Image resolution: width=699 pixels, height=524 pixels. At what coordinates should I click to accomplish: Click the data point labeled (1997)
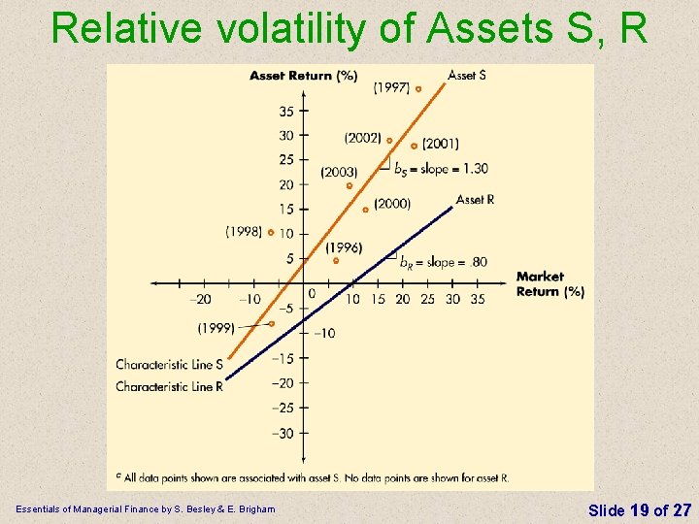point(418,88)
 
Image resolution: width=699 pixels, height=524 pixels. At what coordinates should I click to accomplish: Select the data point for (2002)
point(389,140)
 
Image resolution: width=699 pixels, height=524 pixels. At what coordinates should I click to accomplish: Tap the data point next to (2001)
point(414,146)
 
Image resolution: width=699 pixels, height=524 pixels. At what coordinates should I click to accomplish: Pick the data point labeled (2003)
point(349,185)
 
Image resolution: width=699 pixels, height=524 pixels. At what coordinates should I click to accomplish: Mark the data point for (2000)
point(365,210)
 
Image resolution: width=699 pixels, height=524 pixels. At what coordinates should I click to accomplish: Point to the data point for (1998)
point(272,233)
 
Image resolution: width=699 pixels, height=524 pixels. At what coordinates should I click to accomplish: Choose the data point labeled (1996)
point(336,260)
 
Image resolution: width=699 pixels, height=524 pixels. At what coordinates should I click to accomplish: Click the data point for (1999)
point(272,323)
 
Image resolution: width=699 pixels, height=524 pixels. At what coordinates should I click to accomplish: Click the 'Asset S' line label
point(467,75)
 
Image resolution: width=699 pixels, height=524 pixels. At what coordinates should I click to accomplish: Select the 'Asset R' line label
point(475,200)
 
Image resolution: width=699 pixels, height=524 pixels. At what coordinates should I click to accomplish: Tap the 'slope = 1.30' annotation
point(441,169)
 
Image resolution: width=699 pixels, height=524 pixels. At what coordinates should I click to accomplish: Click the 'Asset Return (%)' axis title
point(303,76)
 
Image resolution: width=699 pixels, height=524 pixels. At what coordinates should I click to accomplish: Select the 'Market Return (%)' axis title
point(549,283)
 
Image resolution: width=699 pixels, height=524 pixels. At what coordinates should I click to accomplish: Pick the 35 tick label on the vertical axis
point(286,112)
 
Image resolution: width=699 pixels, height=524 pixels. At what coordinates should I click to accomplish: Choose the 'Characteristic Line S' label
point(169,365)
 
